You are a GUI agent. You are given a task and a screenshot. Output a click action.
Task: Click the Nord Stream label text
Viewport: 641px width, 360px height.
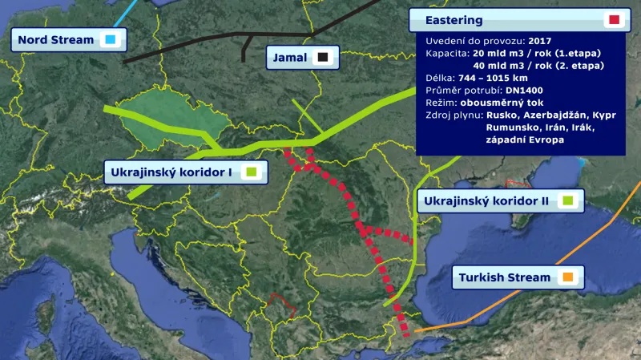point(55,39)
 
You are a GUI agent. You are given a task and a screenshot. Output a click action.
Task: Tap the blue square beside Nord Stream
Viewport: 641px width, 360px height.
point(110,39)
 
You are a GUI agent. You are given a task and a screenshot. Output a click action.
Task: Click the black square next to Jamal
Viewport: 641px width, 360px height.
point(323,57)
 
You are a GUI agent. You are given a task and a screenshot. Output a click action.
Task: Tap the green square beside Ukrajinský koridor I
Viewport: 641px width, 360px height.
point(250,172)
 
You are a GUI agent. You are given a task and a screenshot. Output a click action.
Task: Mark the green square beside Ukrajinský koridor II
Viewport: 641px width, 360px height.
point(567,200)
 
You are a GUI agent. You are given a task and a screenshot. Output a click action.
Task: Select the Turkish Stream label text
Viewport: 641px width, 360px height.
point(505,278)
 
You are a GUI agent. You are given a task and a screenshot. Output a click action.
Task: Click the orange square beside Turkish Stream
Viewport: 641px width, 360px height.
point(567,278)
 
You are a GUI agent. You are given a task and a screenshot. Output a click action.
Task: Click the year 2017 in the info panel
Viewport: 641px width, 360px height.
point(540,40)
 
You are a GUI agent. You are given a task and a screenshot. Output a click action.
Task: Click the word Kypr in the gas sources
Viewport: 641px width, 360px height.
point(601,115)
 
